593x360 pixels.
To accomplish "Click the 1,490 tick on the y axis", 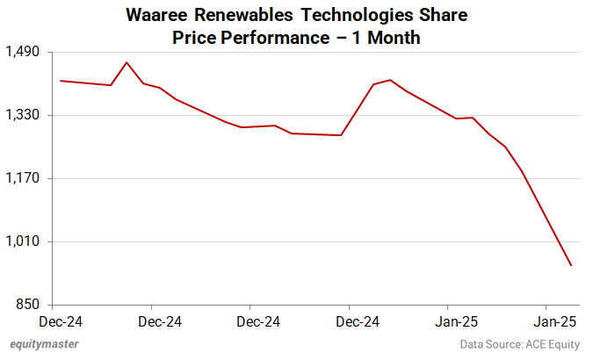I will [x=24, y=52].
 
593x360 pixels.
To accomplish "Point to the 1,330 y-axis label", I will [x=24, y=115].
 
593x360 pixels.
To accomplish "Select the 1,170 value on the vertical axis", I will [x=24, y=178].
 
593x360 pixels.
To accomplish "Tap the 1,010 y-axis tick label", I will [x=24, y=241].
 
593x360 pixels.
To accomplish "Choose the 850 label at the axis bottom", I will [x=28, y=305].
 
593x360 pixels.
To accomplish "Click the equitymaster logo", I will [x=42, y=346].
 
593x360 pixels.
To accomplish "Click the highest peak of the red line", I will [x=127, y=62].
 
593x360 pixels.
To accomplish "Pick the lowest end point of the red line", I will [x=571, y=265].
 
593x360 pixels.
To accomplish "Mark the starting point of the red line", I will [x=60, y=81].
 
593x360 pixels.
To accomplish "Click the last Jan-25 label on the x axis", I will [x=548, y=322].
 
